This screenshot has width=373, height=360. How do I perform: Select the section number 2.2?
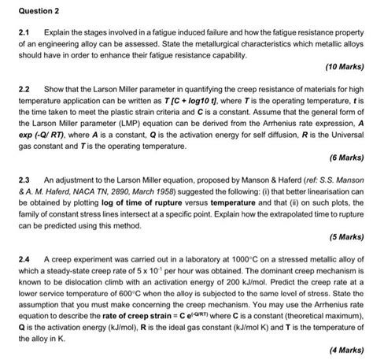pos(10,93)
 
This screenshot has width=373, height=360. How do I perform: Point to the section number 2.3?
pos(10,180)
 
